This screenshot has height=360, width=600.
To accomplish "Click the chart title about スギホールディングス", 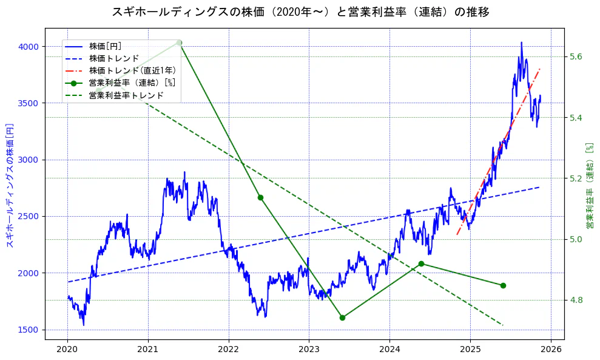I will [300, 12].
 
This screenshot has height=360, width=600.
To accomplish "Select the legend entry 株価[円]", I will [105, 46].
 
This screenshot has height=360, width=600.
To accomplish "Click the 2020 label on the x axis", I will [67, 350].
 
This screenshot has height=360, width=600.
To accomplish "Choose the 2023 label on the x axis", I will [309, 350].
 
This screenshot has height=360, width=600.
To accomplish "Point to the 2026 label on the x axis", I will [550, 350].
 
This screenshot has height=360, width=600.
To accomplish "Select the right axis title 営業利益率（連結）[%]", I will [589, 186].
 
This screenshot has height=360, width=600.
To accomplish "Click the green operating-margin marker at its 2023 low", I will [342, 318].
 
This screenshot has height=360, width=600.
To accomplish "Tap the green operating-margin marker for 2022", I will [260, 197].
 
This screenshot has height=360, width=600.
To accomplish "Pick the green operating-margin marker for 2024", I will [421, 263].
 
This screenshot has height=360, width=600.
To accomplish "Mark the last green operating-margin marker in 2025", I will [503, 285].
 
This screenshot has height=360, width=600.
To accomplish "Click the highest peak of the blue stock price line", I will [521, 42].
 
